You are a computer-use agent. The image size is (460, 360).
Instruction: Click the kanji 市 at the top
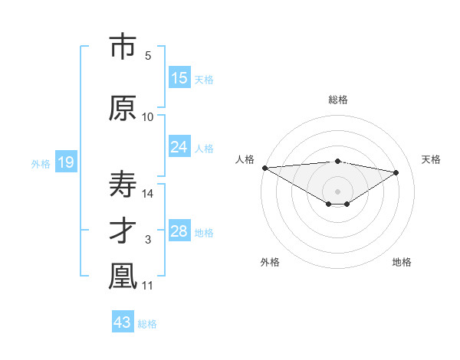click(123, 47)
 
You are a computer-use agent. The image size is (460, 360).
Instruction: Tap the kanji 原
click(123, 109)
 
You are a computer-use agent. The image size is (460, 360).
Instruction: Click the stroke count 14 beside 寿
click(149, 194)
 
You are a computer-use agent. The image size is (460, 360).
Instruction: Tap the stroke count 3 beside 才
click(148, 240)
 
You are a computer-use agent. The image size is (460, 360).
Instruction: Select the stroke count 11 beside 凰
click(149, 286)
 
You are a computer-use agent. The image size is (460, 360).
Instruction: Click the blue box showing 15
click(179, 78)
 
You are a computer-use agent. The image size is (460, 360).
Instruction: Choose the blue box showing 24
click(179, 147)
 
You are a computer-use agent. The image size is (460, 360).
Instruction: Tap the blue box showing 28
click(179, 231)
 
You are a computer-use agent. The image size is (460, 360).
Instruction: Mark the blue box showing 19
click(65, 162)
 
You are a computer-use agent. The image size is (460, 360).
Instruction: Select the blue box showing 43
click(123, 322)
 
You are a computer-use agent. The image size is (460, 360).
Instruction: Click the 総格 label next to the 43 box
click(147, 324)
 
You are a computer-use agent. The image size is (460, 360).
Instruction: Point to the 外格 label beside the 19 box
click(41, 163)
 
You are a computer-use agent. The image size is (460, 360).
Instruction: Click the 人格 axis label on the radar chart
click(245, 159)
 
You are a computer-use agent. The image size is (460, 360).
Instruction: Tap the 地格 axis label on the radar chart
click(402, 262)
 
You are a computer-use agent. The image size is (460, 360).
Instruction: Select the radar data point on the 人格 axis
click(264, 168)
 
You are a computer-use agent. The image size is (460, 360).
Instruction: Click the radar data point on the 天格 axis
click(396, 172)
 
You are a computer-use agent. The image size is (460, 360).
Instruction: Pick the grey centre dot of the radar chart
click(337, 190)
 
